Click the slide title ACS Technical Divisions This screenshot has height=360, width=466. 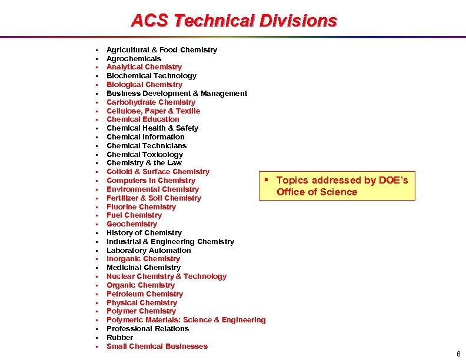[234, 21]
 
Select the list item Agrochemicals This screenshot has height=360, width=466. [134, 58]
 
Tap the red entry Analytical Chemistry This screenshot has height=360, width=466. [144, 67]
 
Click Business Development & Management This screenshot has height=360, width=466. [177, 93]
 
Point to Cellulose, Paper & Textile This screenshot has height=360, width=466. [153, 111]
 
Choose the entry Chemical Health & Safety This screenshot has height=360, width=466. [152, 128]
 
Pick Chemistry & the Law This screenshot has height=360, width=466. [144, 162]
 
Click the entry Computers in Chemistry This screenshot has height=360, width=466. [151, 180]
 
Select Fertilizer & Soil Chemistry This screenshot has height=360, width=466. [154, 198]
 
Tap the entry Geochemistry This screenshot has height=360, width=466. [132, 224]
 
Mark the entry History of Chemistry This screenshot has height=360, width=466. [144, 232]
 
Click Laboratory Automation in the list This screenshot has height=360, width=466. [149, 250]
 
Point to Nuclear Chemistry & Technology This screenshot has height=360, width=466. [167, 276]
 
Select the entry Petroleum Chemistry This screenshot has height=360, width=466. [145, 294]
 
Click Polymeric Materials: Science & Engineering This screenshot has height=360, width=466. [186, 319]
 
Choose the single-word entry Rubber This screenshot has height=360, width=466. [120, 337]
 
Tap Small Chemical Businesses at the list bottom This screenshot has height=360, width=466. [157, 346]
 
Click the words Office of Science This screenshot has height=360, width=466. [317, 192]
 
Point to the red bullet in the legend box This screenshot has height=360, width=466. [267, 179]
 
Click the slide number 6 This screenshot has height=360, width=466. [458, 354]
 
